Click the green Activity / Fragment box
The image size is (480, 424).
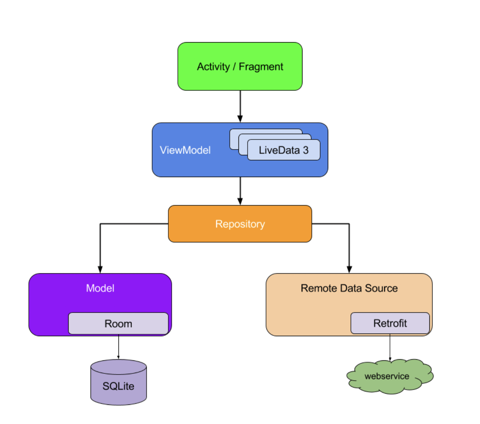tap(240, 66)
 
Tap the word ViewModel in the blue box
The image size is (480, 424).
tap(185, 150)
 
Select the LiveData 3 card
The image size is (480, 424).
tap(283, 150)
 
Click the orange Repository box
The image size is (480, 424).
tap(240, 224)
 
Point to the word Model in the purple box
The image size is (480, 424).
tap(100, 288)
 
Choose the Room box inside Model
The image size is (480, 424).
tap(118, 324)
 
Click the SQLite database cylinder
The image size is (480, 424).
tap(118, 383)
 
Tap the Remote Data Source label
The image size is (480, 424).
tap(349, 288)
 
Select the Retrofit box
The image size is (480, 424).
tap(390, 323)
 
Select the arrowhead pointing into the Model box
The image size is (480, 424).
tap(100, 270)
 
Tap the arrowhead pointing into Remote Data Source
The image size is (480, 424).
tap(349, 270)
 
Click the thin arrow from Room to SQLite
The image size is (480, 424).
tap(118, 347)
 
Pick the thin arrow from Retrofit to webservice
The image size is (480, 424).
tap(390, 347)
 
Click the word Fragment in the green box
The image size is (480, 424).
tap(261, 67)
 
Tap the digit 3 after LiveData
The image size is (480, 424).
tap(306, 150)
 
